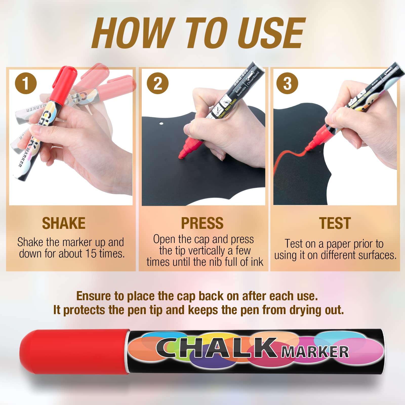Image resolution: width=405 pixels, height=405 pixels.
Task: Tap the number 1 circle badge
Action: (26, 83)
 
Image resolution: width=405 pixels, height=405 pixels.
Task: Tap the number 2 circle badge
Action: (158, 83)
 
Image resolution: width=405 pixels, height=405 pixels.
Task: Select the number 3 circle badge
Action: (287, 83)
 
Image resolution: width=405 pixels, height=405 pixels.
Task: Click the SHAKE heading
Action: (64, 223)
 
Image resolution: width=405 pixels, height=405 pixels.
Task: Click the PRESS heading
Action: (202, 223)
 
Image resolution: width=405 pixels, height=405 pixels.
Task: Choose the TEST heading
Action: (335, 223)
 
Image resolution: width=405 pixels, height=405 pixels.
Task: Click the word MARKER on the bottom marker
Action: (315, 352)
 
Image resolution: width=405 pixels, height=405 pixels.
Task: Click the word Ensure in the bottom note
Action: (93, 296)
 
